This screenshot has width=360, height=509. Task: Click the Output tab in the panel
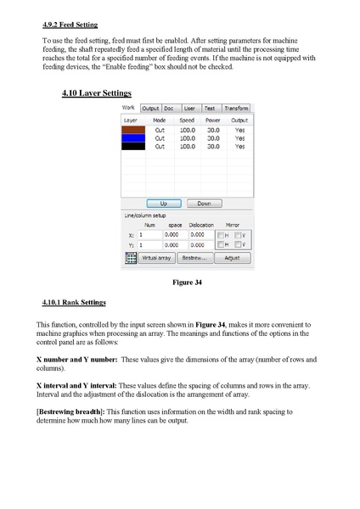[151, 109]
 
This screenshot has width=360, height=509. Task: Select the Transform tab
[237, 109]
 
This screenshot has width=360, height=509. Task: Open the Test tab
[210, 109]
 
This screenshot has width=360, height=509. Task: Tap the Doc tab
[169, 109]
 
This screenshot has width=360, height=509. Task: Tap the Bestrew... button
[194, 256]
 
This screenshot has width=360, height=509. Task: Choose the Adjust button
[232, 256]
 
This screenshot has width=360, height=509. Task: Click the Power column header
[214, 120]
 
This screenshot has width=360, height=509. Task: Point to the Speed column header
[188, 120]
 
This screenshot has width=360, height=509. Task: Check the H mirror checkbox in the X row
[222, 235]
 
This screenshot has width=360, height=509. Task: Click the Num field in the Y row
[149, 244]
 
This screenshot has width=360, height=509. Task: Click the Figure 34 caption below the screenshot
[185, 281]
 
